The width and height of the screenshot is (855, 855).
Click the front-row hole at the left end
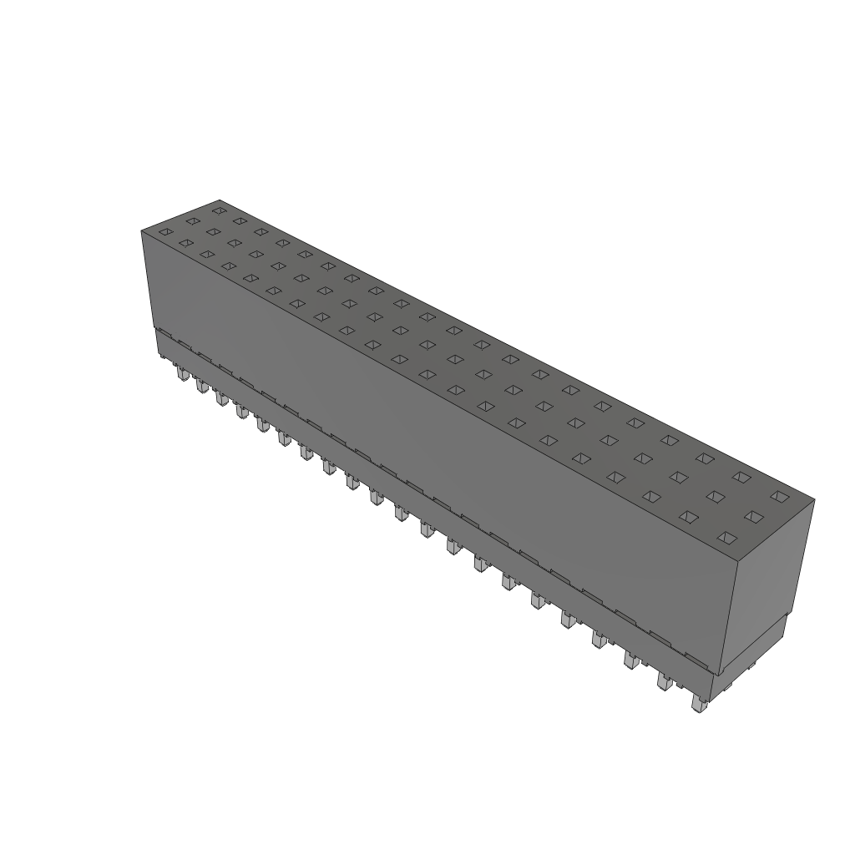(165, 232)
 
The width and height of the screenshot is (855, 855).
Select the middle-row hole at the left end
(192, 221)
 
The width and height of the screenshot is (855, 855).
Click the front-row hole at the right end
(726, 538)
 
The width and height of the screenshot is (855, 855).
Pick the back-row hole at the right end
(779, 496)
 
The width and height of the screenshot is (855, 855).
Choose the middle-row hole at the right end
(753, 517)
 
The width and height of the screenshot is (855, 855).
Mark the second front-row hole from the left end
(185, 242)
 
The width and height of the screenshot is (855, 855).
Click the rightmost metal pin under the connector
(698, 705)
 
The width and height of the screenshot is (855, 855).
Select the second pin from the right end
(664, 682)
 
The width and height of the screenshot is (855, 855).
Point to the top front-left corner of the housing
(142, 231)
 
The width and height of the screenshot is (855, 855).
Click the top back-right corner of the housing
(814, 500)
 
